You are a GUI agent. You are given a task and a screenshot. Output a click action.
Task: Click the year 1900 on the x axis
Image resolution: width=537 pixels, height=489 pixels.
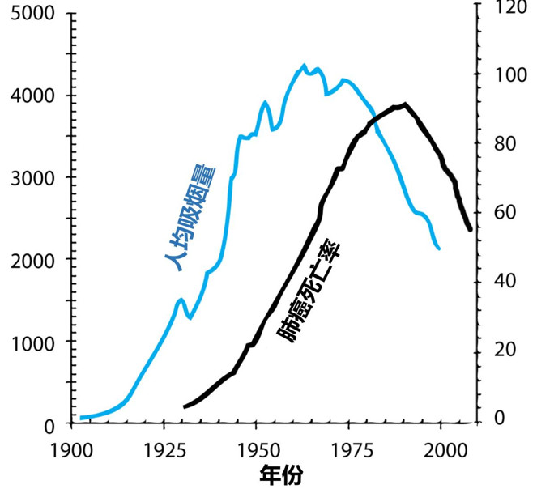coord(71,448)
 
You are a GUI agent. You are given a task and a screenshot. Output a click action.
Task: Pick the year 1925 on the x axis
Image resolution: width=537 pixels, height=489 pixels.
coord(164,448)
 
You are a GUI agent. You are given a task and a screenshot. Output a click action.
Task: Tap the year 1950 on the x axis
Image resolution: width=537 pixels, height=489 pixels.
coord(257,448)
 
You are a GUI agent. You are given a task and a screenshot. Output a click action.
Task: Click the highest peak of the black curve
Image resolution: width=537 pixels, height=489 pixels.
coord(404,104)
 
